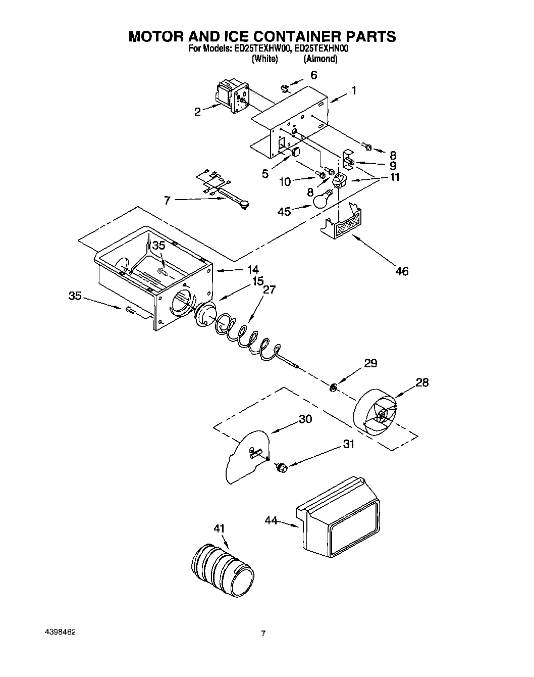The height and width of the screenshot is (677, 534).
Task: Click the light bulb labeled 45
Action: [x=321, y=200]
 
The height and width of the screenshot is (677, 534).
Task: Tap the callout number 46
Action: [x=402, y=271]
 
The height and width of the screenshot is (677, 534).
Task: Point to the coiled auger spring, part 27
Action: [x=247, y=338]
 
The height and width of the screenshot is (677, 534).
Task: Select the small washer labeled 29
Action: [x=333, y=388]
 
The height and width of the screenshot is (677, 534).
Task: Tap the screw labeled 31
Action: [x=281, y=468]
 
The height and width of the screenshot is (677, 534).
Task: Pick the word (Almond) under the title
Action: [x=320, y=59]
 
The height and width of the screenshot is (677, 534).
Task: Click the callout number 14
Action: [x=252, y=269]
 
